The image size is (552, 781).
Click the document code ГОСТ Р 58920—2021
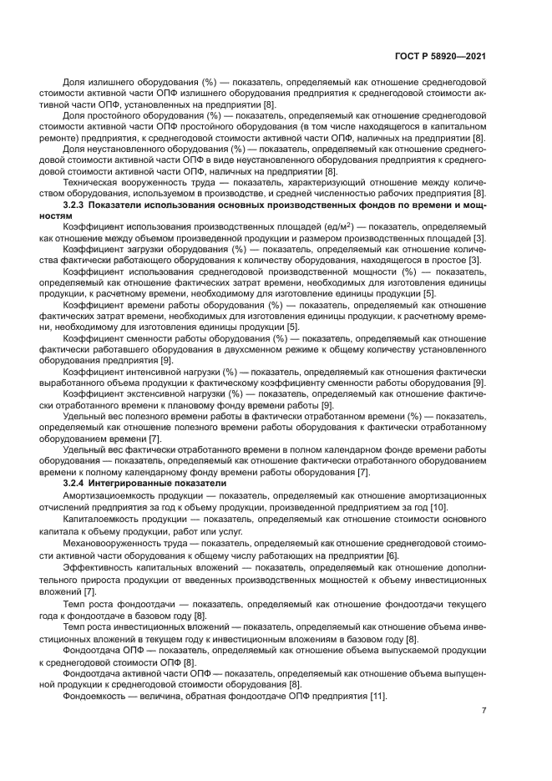[441, 57]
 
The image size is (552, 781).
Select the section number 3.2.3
[77, 205]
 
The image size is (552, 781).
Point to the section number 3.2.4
[77, 483]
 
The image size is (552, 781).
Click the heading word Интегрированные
[138, 483]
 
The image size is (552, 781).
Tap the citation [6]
[392, 555]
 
